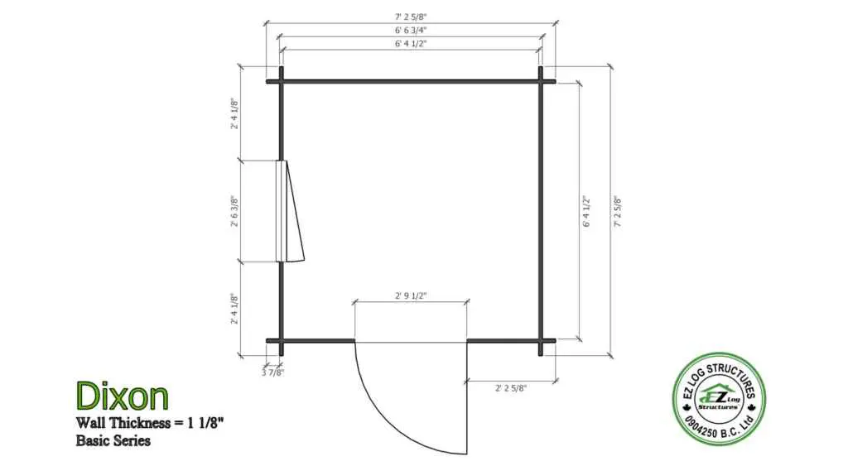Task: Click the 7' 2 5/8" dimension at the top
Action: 411,17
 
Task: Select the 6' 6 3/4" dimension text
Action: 411,31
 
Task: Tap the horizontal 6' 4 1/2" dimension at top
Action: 411,43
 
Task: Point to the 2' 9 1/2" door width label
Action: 411,295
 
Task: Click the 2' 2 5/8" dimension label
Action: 510,387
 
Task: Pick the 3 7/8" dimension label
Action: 272,372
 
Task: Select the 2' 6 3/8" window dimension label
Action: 234,211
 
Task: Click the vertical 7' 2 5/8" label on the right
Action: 618,211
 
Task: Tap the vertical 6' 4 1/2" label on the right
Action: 586,211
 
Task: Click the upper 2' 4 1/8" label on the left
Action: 234,113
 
